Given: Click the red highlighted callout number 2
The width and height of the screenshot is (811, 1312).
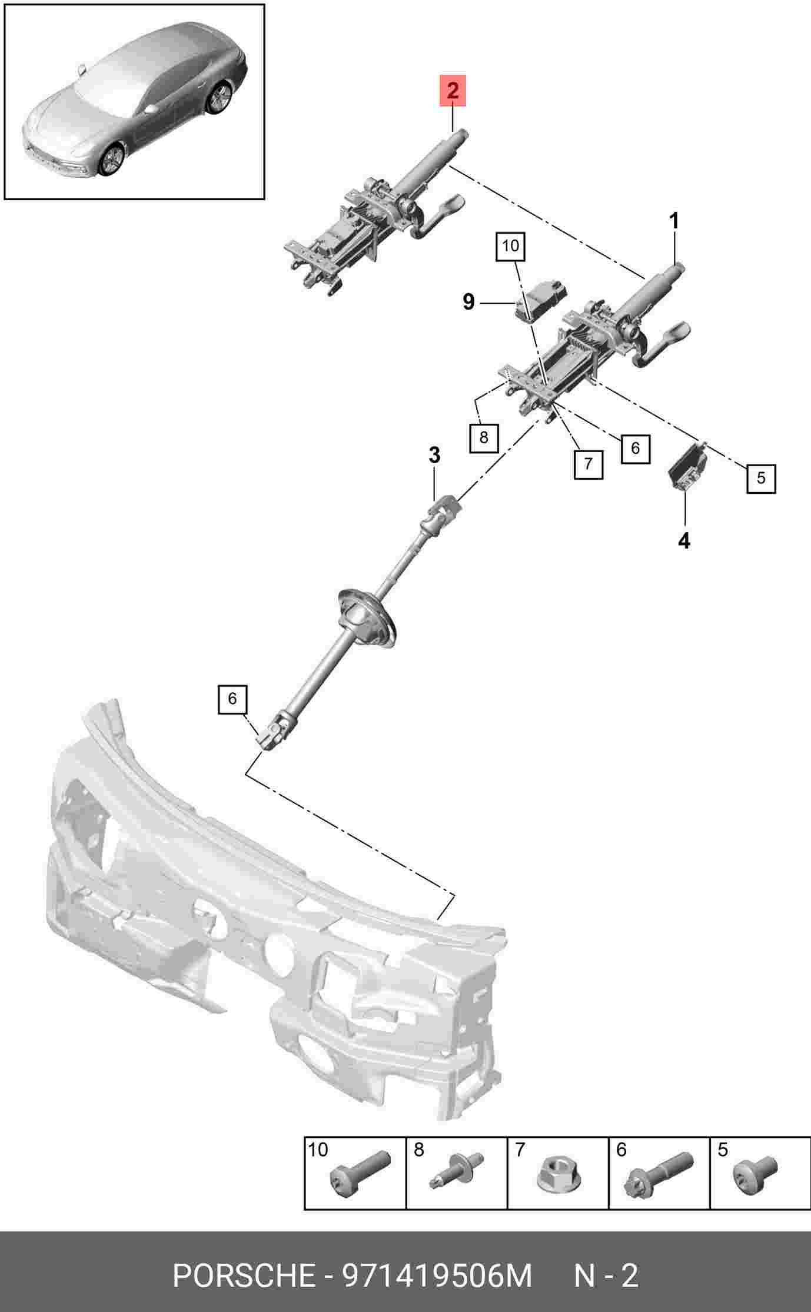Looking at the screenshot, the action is pos(453,91).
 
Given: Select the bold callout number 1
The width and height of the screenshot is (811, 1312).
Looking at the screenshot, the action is pos(674,221).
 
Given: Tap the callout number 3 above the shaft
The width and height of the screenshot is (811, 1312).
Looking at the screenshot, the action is pos(434,455).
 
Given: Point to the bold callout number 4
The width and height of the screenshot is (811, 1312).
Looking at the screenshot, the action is pos(684,540).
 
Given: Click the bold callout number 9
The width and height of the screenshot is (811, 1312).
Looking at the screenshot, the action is pos(468,302).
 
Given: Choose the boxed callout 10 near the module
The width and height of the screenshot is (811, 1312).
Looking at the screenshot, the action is pos(510,246).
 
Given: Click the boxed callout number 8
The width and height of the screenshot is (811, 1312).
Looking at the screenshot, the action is pos(484,438).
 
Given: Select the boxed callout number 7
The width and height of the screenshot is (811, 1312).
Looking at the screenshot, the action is pos(589,464).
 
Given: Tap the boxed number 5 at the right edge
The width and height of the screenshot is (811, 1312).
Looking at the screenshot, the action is pos(761,478).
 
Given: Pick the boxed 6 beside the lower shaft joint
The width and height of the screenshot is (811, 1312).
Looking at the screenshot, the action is pos(232,699).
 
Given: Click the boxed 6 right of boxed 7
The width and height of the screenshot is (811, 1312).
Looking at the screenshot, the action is pos(635,449).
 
